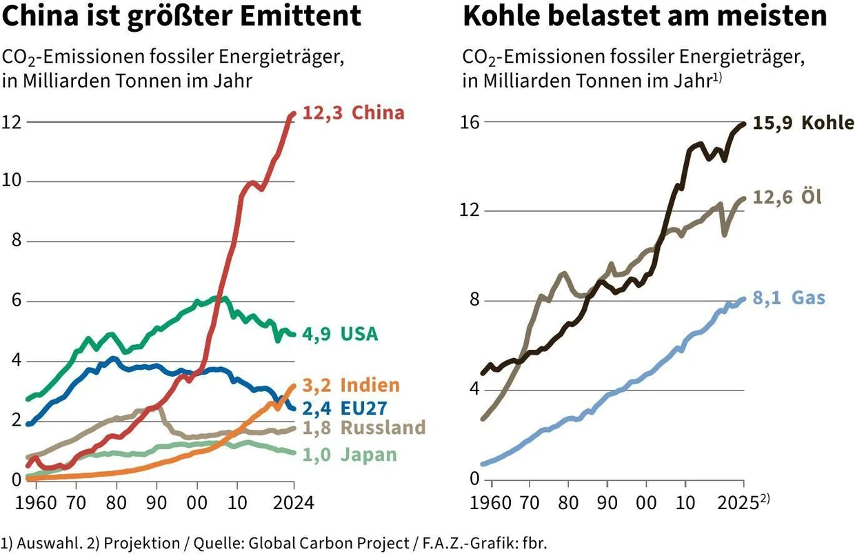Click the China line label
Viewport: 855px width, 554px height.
[378, 113]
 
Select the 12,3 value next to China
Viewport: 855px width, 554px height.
[323, 113]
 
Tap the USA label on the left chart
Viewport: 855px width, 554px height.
[359, 335]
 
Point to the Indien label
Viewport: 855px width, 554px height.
[370, 384]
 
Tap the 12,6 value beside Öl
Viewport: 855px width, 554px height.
[772, 198]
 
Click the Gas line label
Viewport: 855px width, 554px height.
[808, 298]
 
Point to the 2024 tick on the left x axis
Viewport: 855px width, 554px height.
[294, 502]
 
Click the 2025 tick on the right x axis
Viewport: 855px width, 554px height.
[742, 502]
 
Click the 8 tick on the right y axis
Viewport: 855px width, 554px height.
[472, 301]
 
